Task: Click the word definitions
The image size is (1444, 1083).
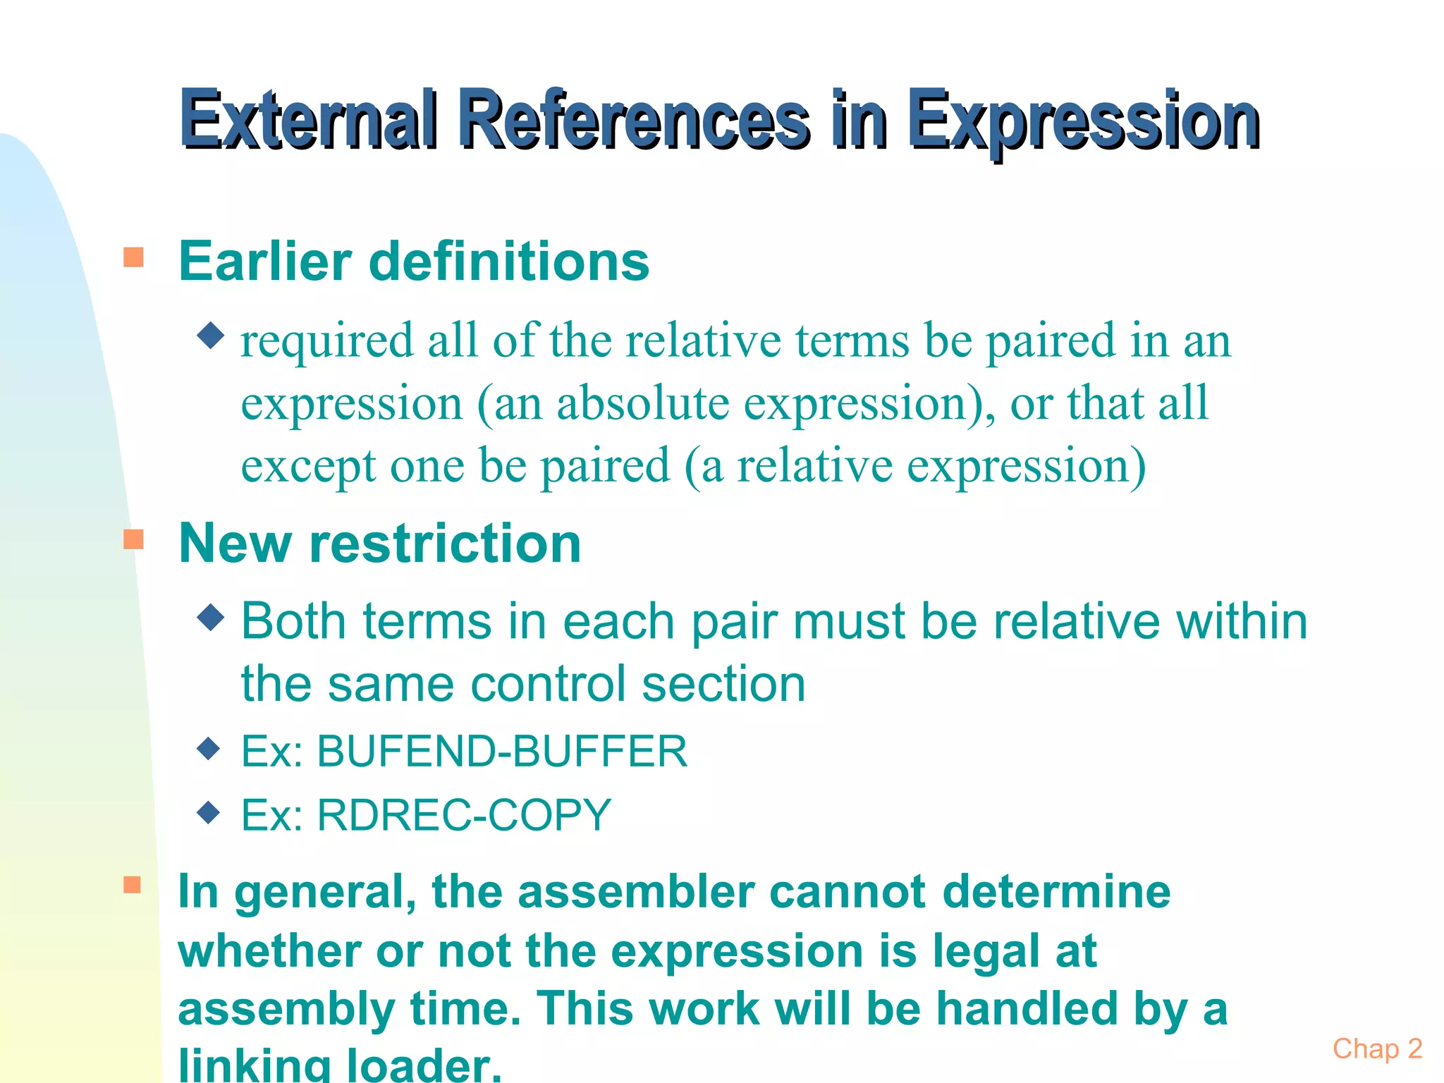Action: (x=509, y=261)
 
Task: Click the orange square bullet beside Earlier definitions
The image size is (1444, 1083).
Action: (x=133, y=257)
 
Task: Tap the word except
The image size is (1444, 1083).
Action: (x=308, y=467)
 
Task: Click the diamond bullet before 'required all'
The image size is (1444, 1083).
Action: (x=211, y=335)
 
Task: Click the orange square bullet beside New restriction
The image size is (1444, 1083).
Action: (x=133, y=539)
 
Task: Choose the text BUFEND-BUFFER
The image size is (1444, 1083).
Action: (x=502, y=751)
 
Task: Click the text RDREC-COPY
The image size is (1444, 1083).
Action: (x=464, y=815)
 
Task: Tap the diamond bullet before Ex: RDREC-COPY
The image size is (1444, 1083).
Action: (x=209, y=812)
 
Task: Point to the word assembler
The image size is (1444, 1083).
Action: (x=636, y=891)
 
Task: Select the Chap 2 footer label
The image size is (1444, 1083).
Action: (x=1377, y=1049)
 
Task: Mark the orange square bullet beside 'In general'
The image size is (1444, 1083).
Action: (x=133, y=885)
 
